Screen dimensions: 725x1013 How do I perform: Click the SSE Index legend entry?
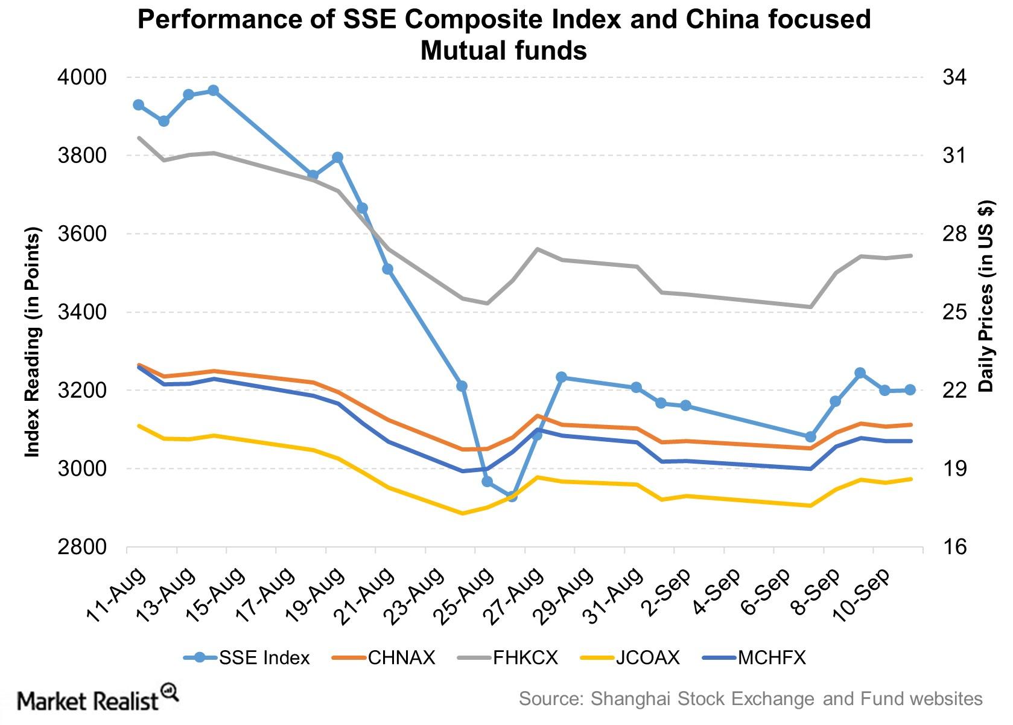[x=247, y=657]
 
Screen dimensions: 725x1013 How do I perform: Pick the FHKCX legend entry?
[x=508, y=657]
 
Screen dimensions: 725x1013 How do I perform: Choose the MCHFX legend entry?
[x=755, y=657]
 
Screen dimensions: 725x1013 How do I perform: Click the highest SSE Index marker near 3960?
[x=213, y=91]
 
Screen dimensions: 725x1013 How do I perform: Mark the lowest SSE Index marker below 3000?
[x=512, y=496]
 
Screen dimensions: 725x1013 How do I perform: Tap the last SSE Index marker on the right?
[x=910, y=390]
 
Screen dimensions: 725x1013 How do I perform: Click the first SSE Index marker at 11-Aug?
[x=138, y=105]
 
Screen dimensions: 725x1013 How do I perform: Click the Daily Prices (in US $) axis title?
[x=986, y=296]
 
